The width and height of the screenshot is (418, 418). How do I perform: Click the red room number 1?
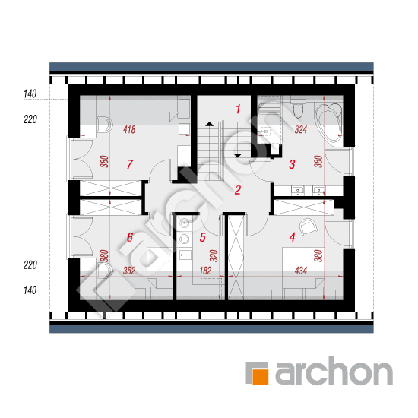tap(238, 109)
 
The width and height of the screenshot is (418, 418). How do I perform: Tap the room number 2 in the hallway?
tap(238, 190)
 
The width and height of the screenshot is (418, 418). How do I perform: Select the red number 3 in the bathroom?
tap(292, 164)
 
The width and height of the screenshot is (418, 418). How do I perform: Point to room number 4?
tap(292, 237)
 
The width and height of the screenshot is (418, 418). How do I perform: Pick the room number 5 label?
tap(203, 237)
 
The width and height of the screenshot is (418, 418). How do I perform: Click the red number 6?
tap(130, 237)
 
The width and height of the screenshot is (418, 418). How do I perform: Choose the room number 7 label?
tap(130, 164)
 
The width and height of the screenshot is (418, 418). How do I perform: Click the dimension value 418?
tap(129, 129)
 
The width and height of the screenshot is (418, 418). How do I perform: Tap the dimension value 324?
tap(301, 129)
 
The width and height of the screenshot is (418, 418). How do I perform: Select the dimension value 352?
tap(129, 271)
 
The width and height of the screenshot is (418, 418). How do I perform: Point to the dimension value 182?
tap(205, 271)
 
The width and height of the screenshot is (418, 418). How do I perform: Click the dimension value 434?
tap(301, 271)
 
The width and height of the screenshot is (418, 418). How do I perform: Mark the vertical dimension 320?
tap(214, 256)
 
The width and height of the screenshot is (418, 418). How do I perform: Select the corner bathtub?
tap(328, 122)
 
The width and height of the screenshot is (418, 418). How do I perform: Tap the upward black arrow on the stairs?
tap(210, 124)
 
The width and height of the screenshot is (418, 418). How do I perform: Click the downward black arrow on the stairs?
tap(237, 155)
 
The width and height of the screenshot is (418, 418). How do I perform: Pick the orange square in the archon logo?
tap(260, 377)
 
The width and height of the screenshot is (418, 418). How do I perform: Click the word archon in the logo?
tap(334, 371)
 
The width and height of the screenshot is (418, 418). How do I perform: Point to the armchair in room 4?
tap(308, 226)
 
